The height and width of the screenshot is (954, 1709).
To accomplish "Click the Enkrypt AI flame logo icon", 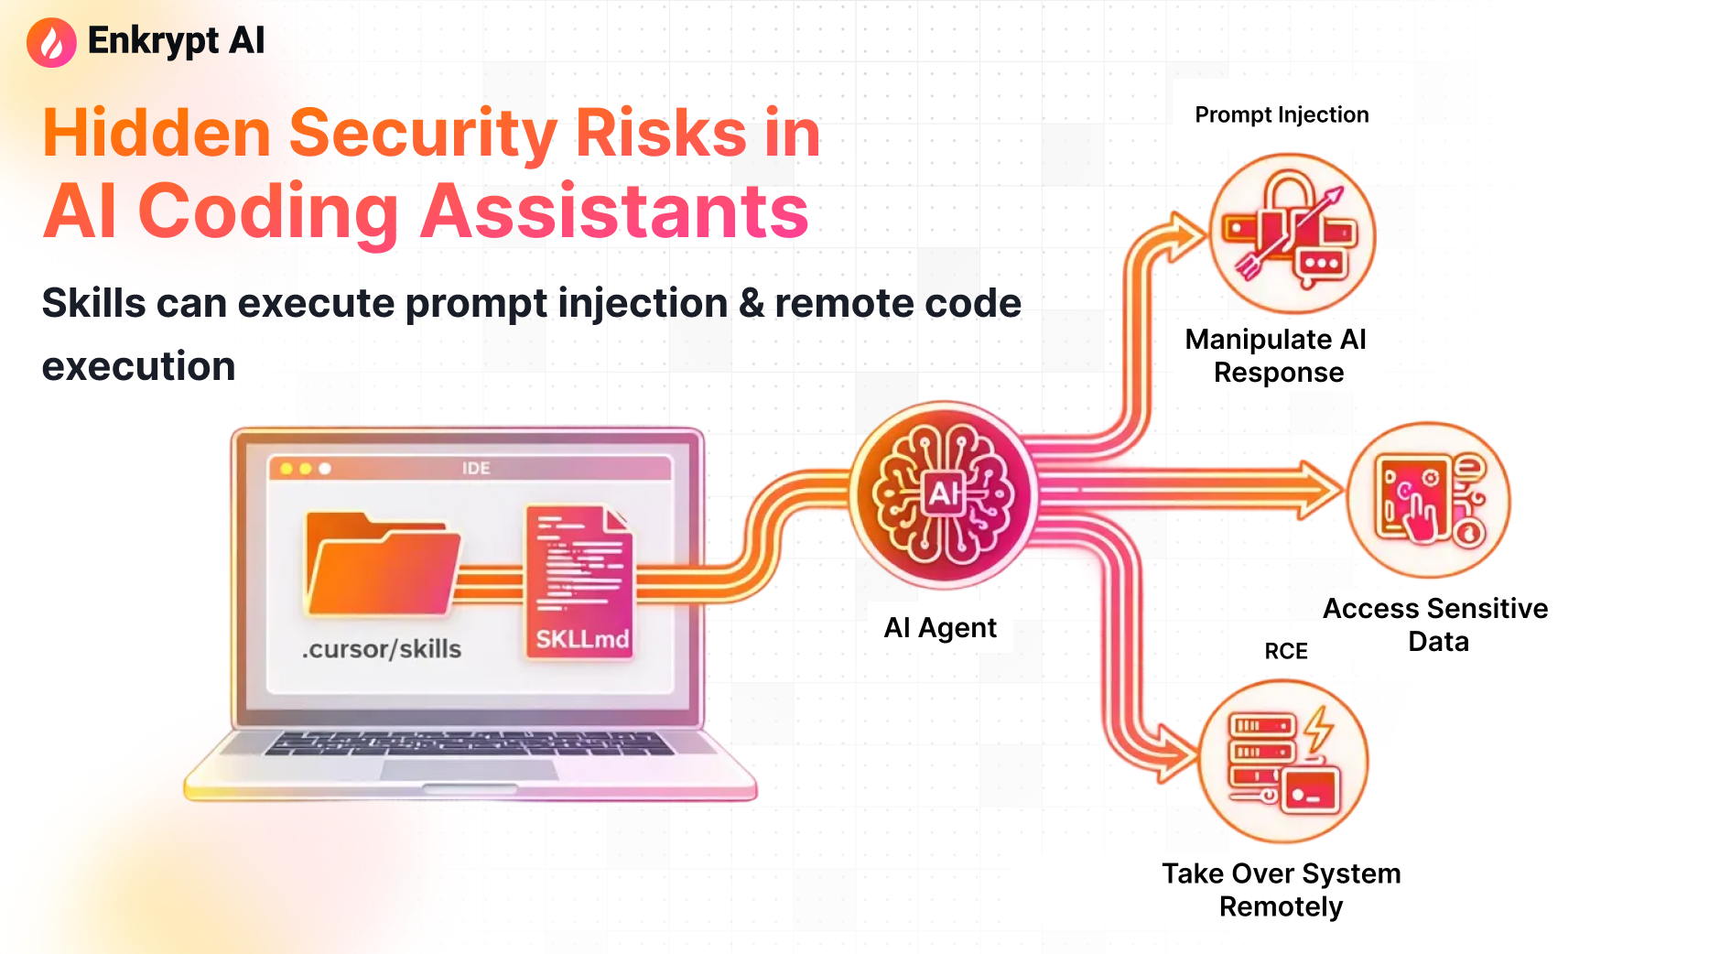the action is coord(51,42).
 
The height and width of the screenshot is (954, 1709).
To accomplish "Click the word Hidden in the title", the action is coord(157,134).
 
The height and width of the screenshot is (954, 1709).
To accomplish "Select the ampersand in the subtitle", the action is coord(751,303).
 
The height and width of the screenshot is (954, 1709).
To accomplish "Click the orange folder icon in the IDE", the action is coord(382,567).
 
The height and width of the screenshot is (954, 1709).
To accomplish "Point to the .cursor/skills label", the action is coord(382,649).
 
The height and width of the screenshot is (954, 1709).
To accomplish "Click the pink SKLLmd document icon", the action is coord(580,580).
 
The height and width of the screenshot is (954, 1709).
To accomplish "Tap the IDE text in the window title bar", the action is coord(476,469).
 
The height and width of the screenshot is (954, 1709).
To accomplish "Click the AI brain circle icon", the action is coord(943,495).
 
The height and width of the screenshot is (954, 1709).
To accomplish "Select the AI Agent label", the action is coord(940,628).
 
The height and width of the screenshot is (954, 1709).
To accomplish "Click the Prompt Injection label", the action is coord(1282,115).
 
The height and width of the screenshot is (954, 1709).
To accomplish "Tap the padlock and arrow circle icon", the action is coord(1292,233).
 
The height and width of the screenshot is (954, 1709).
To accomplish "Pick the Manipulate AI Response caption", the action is coord(1277,356).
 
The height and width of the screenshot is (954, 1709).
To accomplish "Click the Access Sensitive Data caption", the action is coord(1435,624).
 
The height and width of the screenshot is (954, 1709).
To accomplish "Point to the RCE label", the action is coord(1286,651).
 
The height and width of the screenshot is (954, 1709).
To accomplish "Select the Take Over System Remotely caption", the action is coord(1281,890).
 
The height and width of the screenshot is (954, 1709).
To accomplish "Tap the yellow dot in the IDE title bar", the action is coord(306,469).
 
